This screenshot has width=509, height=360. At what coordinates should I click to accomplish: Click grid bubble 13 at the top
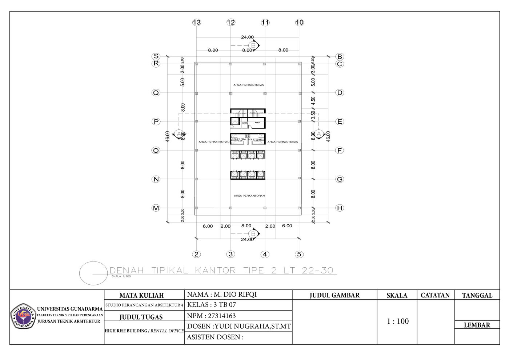[197, 23]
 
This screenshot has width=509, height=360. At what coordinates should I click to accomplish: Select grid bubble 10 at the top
[299, 23]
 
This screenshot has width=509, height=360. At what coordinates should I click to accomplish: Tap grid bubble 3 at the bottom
[231, 254]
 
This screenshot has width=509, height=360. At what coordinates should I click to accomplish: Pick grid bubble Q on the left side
[156, 93]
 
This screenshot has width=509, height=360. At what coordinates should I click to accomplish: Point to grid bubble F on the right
[340, 150]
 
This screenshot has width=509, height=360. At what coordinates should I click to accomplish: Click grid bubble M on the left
[156, 208]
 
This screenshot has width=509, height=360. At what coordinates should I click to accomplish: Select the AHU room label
[257, 123]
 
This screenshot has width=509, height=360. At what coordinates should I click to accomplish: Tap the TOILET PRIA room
[239, 139]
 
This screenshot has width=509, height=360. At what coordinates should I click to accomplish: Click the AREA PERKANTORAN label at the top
[249, 85]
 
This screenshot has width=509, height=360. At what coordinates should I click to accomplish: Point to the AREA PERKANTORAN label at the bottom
[249, 196]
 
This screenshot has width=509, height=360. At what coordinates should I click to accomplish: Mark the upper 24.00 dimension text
[247, 37]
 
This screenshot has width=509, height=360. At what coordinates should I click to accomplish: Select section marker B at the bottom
[253, 233]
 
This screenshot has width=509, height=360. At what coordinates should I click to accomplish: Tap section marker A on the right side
[318, 134]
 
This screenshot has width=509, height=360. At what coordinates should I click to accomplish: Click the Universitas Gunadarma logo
[23, 315]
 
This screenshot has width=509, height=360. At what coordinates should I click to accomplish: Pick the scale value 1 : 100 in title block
[397, 321]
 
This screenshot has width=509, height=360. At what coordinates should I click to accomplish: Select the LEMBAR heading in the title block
[477, 325]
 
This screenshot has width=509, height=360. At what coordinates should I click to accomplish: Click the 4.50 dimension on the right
[313, 100]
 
